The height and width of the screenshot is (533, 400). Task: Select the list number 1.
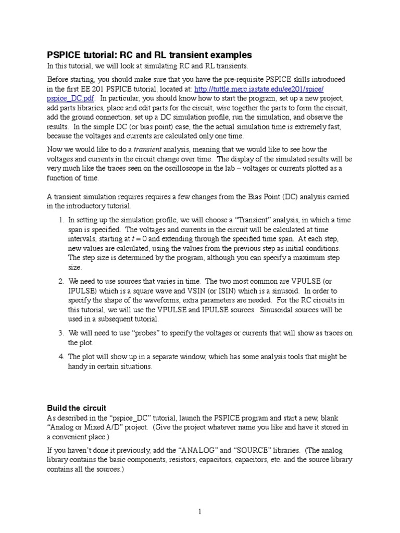point(61,220)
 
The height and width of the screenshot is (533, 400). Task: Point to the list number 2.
point(61,282)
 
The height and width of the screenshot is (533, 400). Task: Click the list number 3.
point(61,333)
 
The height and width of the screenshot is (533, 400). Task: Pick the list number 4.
point(61,357)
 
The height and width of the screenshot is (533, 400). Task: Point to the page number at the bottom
point(199,512)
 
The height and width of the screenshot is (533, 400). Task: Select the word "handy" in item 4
point(78,366)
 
